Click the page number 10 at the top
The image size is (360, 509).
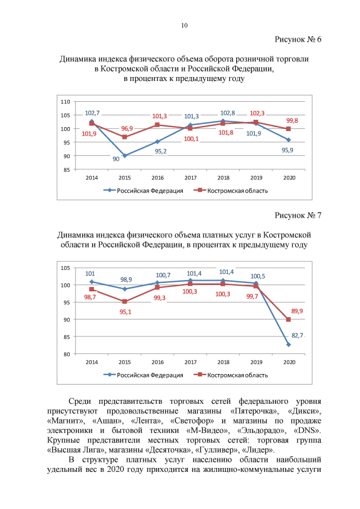pyautogui.click(x=184, y=25)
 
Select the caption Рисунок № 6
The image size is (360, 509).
pyautogui.click(x=298, y=39)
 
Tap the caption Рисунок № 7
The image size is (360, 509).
pyautogui.click(x=298, y=215)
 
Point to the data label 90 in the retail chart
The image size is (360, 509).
pyautogui.click(x=116, y=159)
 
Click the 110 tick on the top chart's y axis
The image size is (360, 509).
pyautogui.click(x=65, y=102)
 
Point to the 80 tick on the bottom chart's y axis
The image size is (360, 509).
pyautogui.click(x=66, y=354)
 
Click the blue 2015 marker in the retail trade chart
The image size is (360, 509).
pyautogui.click(x=124, y=156)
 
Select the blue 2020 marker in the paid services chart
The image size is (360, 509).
pyautogui.click(x=289, y=344)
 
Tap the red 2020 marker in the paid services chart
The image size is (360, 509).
pyautogui.click(x=289, y=319)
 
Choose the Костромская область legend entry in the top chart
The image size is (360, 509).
pyautogui.click(x=231, y=190)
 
